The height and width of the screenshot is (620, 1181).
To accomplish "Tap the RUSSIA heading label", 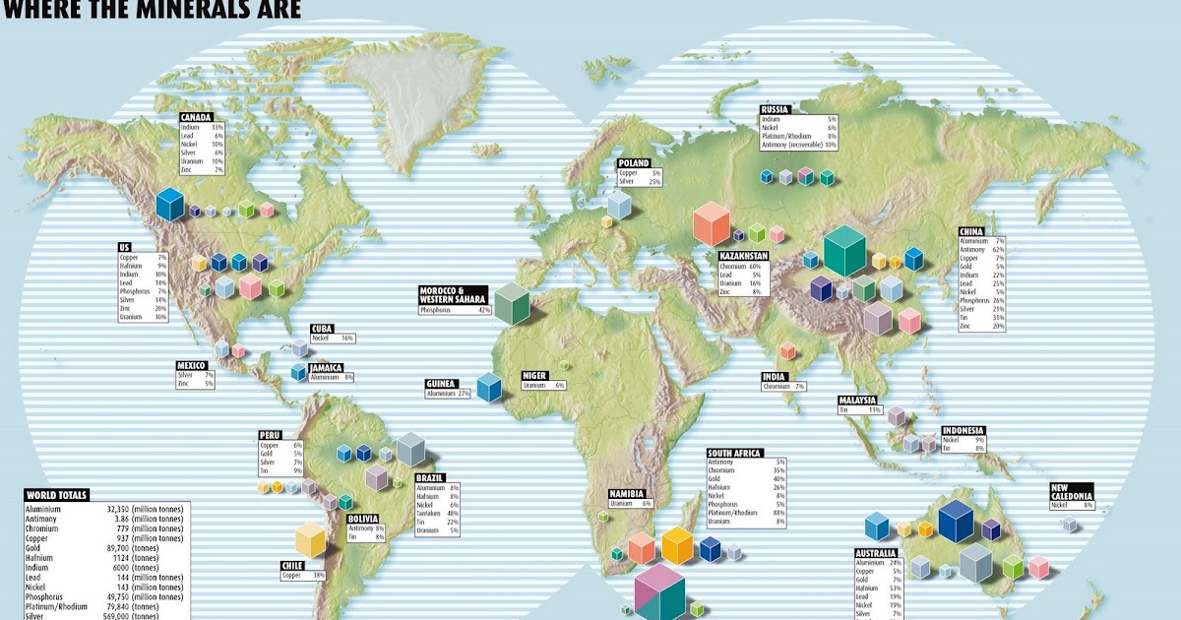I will [x=774, y=109].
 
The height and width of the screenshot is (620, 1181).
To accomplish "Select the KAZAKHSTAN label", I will [x=743, y=256].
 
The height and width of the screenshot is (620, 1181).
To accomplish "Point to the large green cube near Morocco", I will [x=512, y=303].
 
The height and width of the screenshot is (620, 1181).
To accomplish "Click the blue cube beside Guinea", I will [x=488, y=388].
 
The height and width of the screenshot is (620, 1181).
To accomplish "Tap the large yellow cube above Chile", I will [x=310, y=539].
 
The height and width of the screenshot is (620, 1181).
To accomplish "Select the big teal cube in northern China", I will [x=843, y=251].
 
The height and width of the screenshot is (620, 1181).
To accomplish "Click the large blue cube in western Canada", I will [x=170, y=205].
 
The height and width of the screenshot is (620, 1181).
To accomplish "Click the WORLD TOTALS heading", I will [x=57, y=495].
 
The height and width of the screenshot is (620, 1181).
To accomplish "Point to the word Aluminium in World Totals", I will [x=45, y=510].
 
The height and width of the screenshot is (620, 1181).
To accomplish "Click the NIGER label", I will [x=534, y=375].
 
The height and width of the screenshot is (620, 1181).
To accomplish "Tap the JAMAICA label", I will [x=326, y=368].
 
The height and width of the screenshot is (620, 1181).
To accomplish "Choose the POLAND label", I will [x=631, y=163].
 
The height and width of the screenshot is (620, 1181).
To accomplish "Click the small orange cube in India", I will [x=787, y=350].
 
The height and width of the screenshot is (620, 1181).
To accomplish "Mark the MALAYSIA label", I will [x=857, y=400].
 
